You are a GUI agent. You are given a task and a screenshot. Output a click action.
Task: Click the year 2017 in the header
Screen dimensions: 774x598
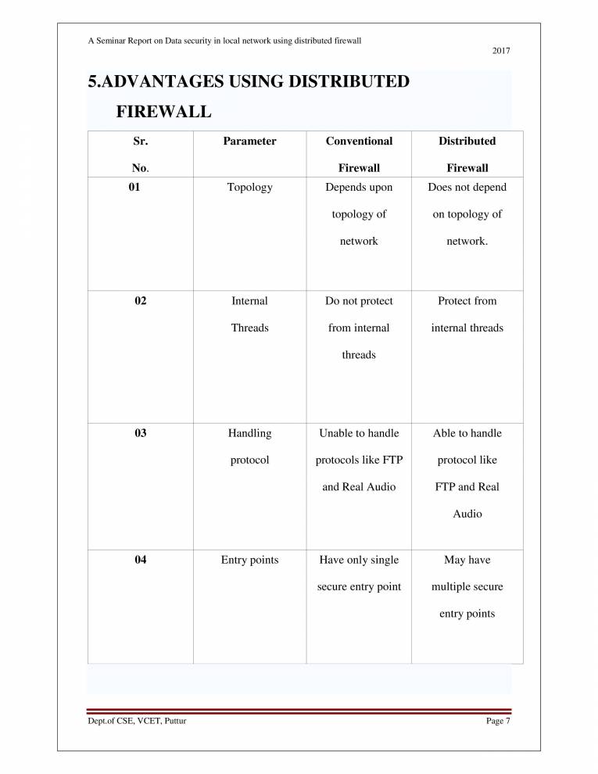pos(501,51)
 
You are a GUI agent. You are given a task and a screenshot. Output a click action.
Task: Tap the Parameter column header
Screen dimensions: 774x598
pos(249,142)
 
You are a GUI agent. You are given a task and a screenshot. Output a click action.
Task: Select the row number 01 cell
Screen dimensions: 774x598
pos(141,188)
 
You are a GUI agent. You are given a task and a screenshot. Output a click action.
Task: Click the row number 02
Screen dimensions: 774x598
pos(141,301)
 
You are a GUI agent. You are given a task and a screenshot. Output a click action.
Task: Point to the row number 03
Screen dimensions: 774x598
pos(141,433)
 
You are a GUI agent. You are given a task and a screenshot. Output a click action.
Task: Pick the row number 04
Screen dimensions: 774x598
pos(141,560)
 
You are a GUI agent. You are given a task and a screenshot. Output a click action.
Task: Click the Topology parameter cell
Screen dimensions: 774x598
pos(249,188)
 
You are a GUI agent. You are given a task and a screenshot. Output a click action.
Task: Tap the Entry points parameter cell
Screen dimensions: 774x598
pos(249,560)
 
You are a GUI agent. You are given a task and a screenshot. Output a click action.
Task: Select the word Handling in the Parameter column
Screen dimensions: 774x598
pos(249,433)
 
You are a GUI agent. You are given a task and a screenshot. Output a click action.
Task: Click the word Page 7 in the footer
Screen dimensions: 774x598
pos(498,721)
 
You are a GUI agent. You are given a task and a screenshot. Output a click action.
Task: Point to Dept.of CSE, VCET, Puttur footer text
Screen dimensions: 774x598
pos(131,721)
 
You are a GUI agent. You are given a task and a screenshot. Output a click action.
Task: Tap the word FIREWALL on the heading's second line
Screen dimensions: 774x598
pos(163,112)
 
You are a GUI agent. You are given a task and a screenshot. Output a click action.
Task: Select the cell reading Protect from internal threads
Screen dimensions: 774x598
pos(467,314)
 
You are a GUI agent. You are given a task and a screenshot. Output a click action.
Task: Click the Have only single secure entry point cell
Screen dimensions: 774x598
pos(359,573)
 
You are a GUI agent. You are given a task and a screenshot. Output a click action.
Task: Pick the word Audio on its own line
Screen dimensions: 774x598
pos(467,514)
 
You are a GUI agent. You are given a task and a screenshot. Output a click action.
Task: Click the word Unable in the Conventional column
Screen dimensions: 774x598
pos(336,433)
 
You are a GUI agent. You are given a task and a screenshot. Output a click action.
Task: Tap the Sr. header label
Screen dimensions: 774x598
pos(141,142)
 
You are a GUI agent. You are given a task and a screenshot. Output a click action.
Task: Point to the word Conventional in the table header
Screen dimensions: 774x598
pos(359,142)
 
